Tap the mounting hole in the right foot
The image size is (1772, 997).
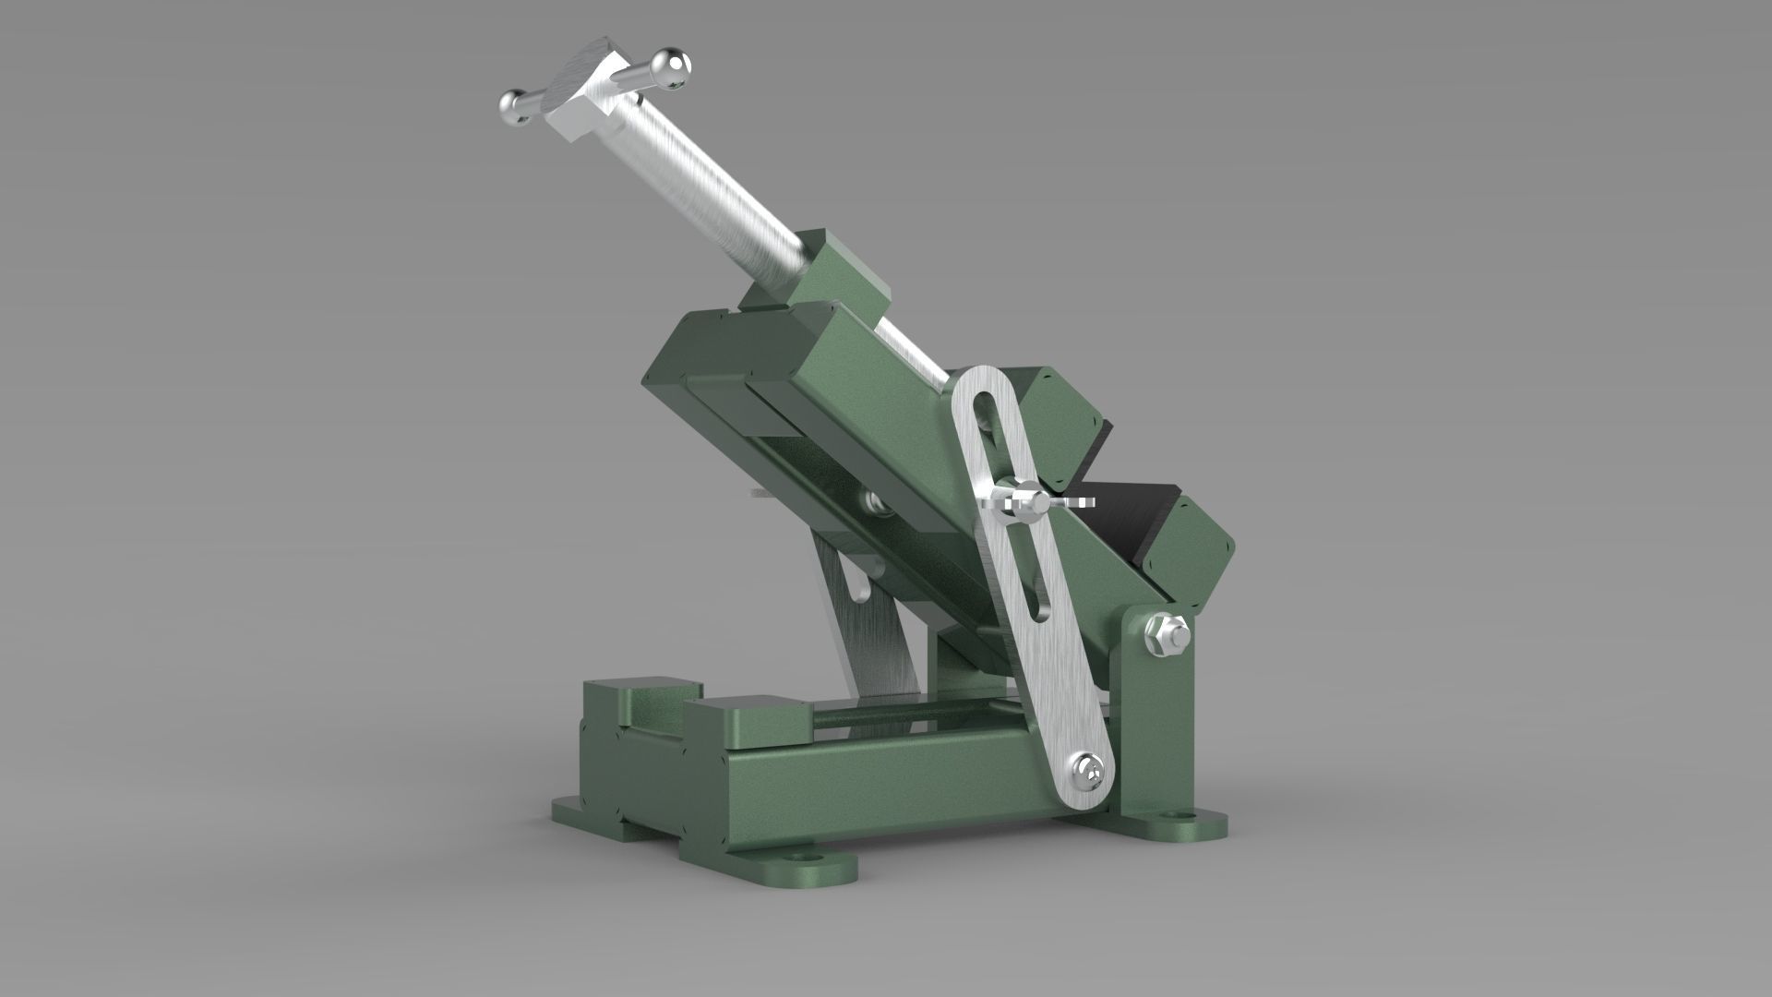pos(1179,819)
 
